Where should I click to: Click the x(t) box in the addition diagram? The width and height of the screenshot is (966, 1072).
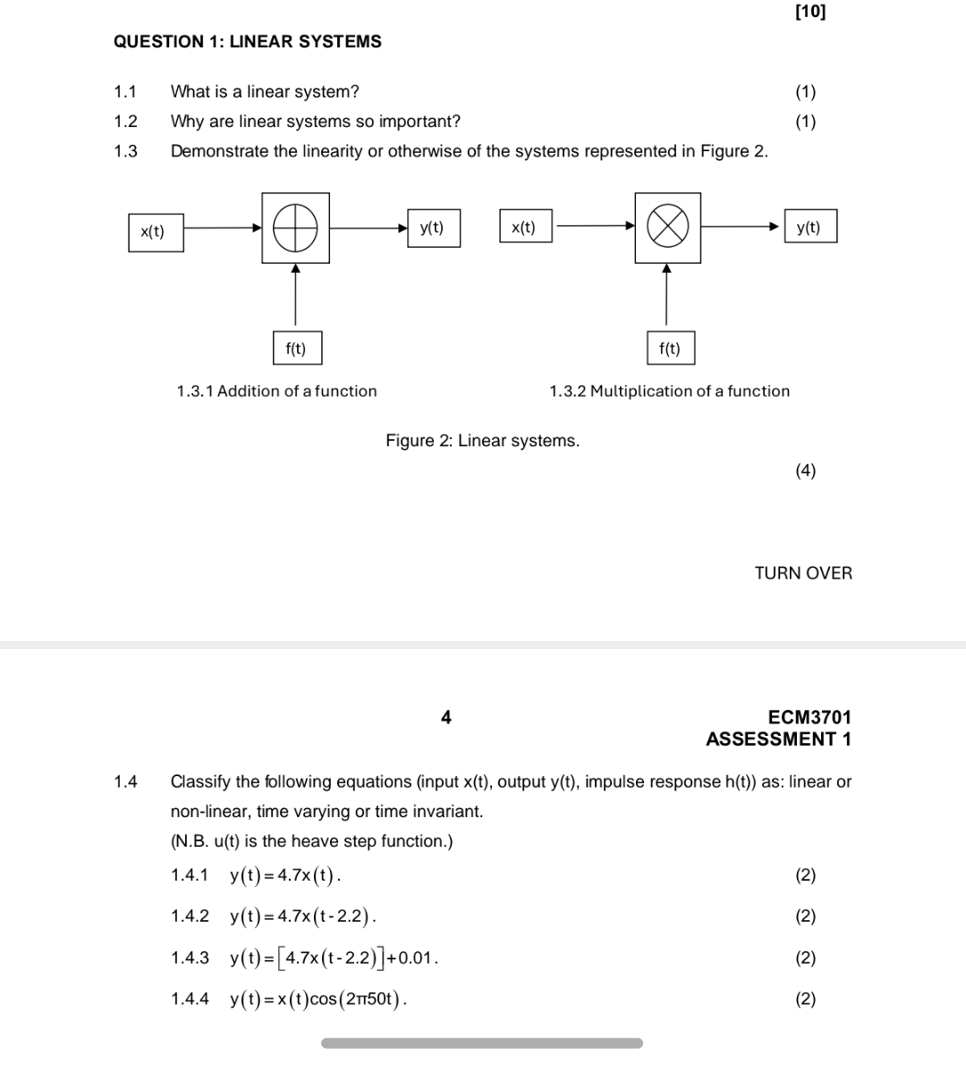coord(156,232)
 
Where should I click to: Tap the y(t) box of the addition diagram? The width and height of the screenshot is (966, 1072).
coord(433,228)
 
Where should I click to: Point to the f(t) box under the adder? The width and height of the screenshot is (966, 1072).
coord(296,349)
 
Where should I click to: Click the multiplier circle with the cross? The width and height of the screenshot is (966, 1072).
coord(667,227)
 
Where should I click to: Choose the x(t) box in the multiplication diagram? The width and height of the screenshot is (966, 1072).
coord(525,227)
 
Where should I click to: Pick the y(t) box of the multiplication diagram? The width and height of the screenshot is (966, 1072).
coord(809,227)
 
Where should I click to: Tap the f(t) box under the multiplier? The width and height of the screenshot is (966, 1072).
coord(670,349)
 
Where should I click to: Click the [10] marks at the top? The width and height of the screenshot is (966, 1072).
coord(810,12)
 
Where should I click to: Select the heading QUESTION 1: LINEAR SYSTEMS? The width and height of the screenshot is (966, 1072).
coord(248,42)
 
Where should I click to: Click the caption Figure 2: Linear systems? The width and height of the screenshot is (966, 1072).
coord(482,441)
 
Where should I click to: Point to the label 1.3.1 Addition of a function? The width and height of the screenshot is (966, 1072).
coord(277,391)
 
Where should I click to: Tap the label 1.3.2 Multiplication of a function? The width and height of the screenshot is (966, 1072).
coord(669,391)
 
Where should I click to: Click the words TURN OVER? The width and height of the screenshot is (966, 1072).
coord(803,573)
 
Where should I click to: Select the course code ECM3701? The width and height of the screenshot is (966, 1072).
coord(809,717)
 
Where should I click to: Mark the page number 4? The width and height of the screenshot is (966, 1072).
coord(446,717)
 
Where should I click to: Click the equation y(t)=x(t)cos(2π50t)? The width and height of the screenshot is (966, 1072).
coord(318,1000)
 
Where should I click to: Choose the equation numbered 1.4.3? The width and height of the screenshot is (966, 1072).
coord(334,958)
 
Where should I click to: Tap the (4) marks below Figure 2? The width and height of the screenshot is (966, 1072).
coord(806,471)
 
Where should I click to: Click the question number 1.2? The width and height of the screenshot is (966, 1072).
coord(126,122)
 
